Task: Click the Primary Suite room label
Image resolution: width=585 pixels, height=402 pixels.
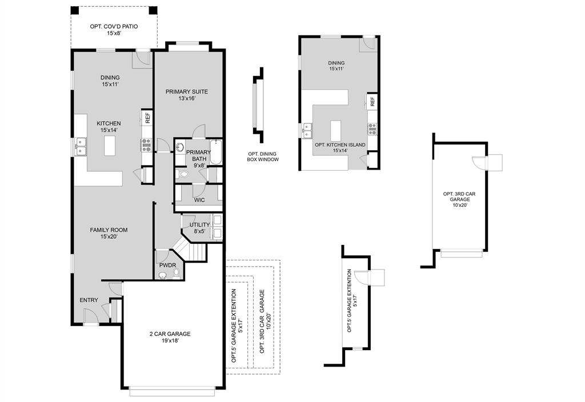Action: (187, 95)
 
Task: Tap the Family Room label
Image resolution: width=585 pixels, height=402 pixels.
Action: (109, 234)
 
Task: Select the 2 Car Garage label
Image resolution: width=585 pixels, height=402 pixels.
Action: (170, 337)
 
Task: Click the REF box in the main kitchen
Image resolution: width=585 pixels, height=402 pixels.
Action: (147, 118)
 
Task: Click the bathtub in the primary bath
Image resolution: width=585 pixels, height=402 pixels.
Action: (215, 151)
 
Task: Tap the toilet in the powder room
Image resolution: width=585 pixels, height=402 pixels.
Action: (177, 274)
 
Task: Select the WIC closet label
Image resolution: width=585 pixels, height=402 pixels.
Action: (199, 200)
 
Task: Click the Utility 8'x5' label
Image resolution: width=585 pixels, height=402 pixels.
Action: (199, 228)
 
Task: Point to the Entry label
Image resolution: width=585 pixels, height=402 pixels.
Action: (89, 300)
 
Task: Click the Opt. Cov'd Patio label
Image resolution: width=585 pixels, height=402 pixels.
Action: (114, 30)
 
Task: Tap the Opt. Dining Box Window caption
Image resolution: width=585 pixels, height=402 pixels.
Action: (263, 157)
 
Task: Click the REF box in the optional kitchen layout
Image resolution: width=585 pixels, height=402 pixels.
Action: (372, 101)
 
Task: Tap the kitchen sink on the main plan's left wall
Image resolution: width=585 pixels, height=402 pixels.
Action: (80, 147)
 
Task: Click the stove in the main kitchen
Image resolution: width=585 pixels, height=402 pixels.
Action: (146, 144)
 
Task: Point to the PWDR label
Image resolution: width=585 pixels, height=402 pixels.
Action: (167, 266)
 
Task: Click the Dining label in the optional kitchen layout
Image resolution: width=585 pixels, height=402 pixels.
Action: (336, 66)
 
